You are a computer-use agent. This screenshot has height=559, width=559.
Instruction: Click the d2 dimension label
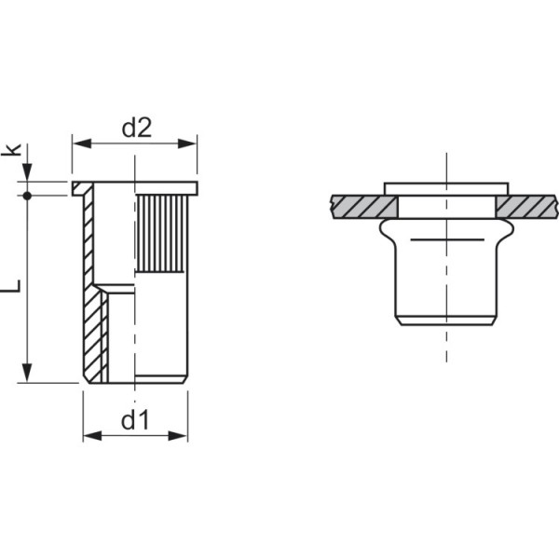(x=137, y=128)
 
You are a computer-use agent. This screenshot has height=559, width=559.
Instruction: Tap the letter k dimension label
(x=12, y=149)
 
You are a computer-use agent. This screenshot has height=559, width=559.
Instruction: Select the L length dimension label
(x=11, y=286)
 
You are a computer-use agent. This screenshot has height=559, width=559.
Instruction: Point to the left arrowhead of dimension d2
(x=82, y=143)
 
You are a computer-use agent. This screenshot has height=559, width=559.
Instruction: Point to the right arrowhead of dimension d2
(x=187, y=143)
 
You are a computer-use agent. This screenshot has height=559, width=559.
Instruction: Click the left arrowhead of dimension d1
(x=92, y=436)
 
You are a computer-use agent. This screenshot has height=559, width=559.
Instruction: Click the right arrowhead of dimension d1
(x=178, y=436)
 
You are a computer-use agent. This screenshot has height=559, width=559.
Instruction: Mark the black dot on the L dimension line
(x=27, y=196)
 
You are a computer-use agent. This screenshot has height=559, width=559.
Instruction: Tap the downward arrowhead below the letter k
(x=27, y=172)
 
